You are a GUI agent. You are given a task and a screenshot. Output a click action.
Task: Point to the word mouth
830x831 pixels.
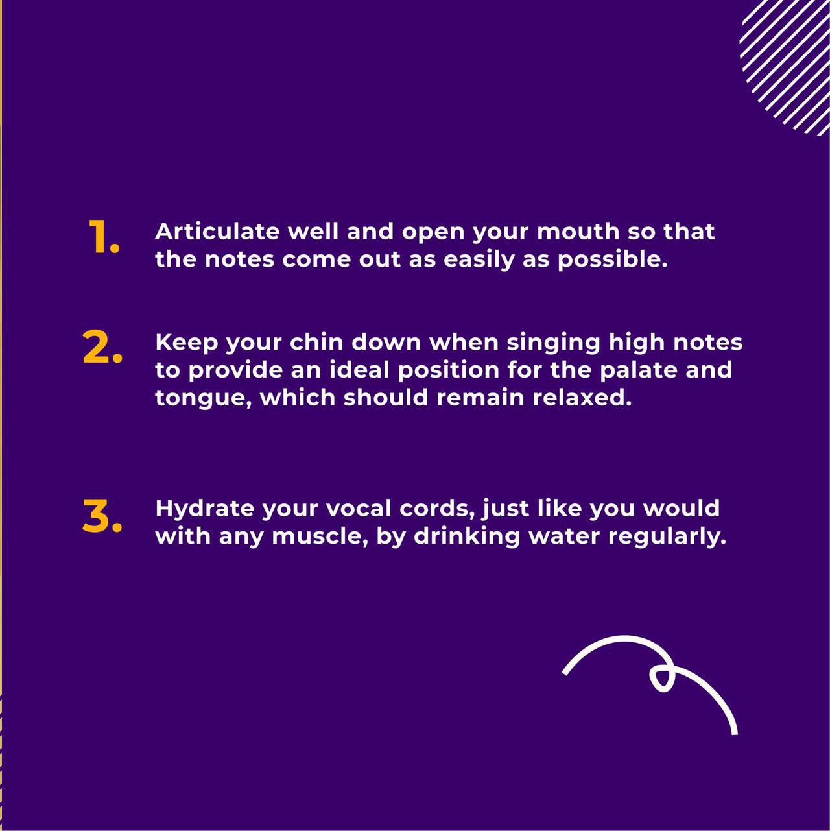(x=578, y=232)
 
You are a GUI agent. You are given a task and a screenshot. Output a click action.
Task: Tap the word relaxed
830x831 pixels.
(x=582, y=397)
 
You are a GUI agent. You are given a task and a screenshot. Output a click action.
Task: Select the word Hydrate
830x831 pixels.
(x=204, y=509)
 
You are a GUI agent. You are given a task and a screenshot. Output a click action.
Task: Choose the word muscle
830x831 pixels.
(x=320, y=536)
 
